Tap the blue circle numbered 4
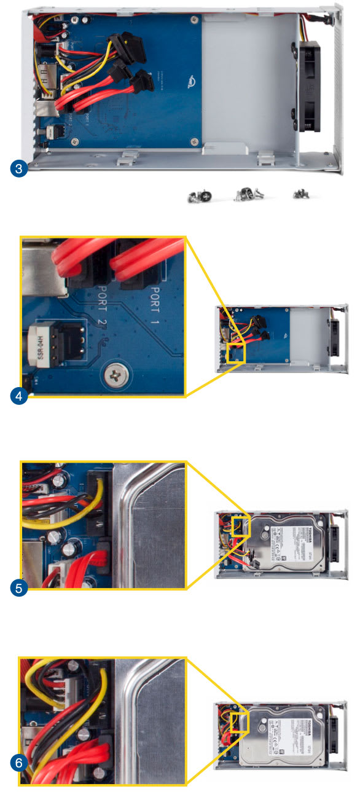[x=20, y=396]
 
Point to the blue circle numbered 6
[x=20, y=764]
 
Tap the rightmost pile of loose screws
[x=302, y=194]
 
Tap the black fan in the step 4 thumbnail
[x=335, y=339]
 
